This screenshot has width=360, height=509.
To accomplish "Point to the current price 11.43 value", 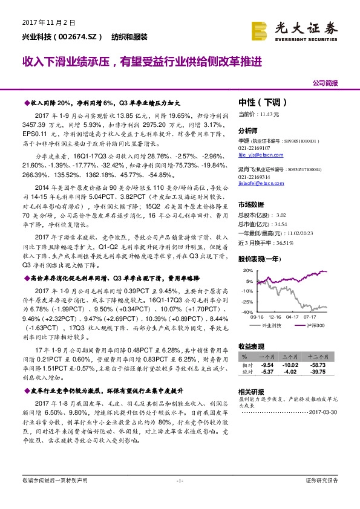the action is [x=269, y=114].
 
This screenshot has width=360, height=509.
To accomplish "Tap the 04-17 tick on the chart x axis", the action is [x=293, y=316].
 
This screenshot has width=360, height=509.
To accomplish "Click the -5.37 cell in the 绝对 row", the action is [x=267, y=372].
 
